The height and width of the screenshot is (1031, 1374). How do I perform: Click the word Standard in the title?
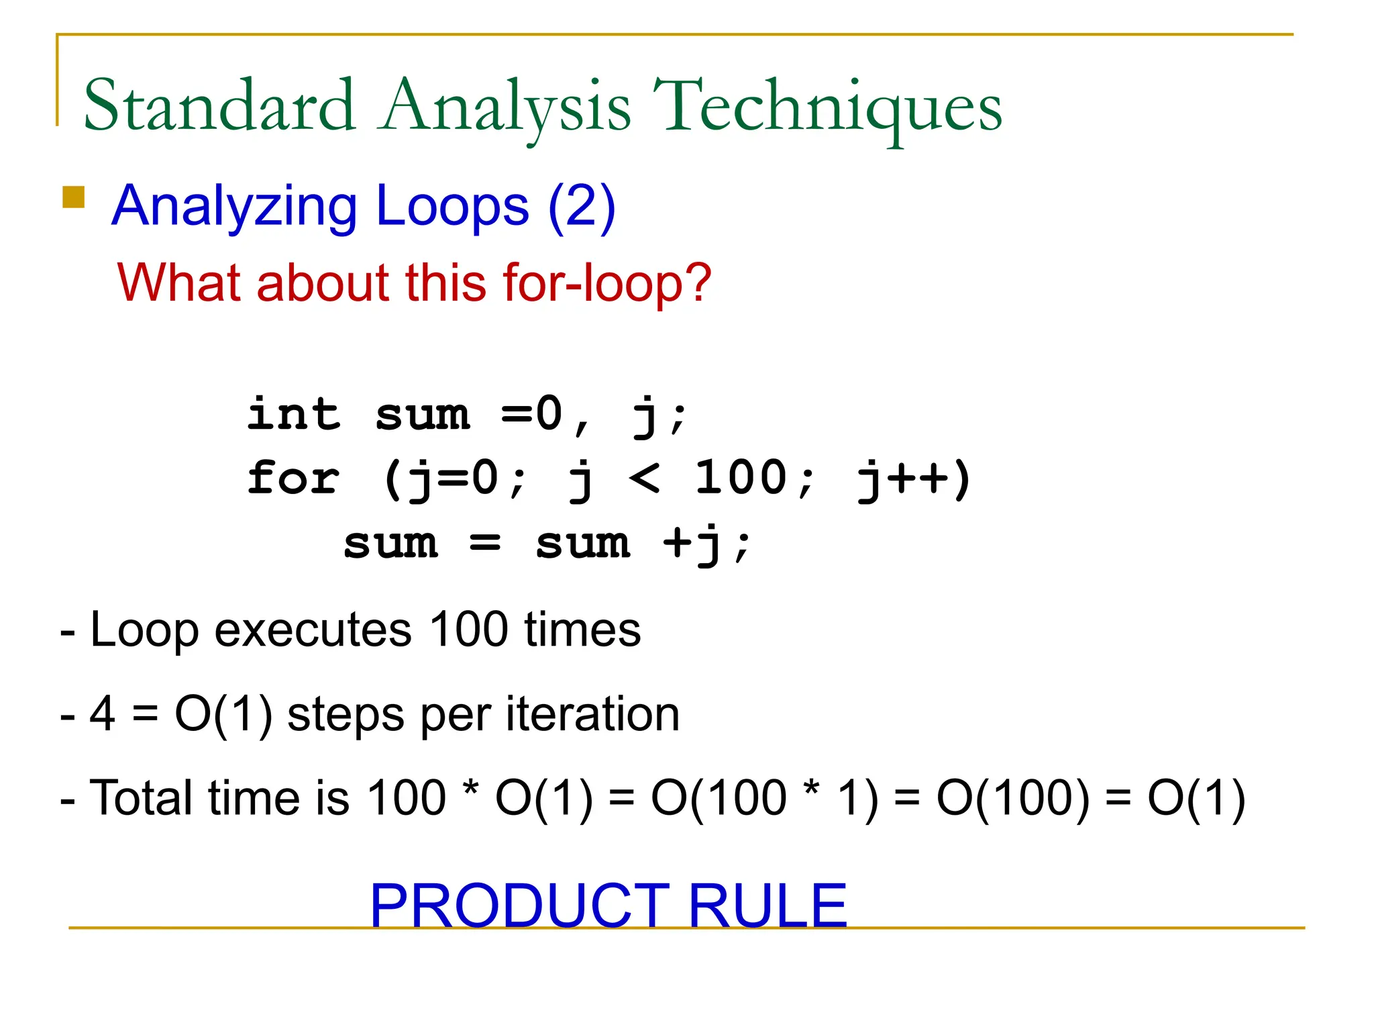[219, 106]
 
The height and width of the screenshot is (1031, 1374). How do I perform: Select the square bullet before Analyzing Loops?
[73, 197]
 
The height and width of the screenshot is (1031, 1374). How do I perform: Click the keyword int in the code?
[294, 414]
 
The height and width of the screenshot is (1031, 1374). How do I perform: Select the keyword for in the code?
[294, 479]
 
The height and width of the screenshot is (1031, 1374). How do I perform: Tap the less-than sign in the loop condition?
[644, 479]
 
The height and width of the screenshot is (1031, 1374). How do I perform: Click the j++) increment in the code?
[914, 480]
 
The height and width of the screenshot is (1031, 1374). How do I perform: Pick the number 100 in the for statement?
[741, 477]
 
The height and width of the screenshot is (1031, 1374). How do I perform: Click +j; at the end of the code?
[707, 544]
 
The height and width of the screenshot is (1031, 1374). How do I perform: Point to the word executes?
[313, 631]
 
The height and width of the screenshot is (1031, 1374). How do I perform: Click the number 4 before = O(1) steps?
[103, 714]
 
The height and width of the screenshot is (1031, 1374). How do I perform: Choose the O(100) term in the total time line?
[1012, 799]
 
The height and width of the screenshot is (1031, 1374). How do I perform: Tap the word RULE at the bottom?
[768, 906]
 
